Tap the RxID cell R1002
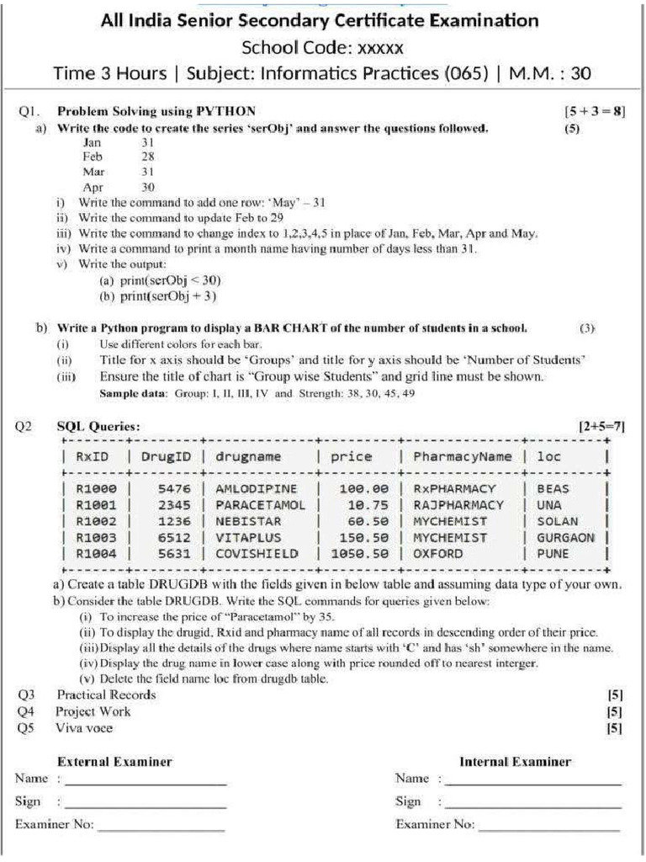coord(97,522)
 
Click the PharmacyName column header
coord(462,456)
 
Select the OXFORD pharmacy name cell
coord(437,554)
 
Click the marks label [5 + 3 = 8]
coord(595,111)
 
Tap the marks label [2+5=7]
coord(601,427)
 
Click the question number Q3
coord(25,694)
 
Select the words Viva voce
coord(84,728)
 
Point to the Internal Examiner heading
coord(515,762)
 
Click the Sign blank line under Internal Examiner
coord(533,806)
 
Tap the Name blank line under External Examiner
coord(146,784)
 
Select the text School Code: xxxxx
coord(322,46)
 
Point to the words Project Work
coord(93,711)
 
